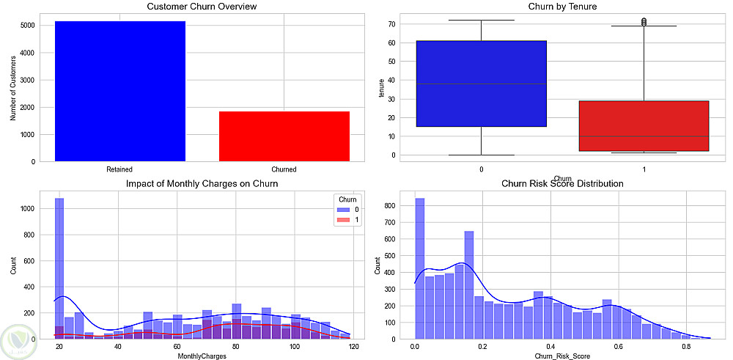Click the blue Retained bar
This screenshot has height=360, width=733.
(120, 91)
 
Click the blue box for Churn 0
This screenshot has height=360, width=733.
(481, 84)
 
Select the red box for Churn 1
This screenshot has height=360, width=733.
(643, 125)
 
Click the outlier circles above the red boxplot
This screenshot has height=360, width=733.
(643, 22)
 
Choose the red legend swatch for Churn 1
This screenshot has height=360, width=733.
(341, 220)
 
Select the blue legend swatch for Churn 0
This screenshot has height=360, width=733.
(341, 210)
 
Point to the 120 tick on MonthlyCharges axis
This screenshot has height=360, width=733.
(353, 346)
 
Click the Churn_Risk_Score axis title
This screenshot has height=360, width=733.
(562, 356)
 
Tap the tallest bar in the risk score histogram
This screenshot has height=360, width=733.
(420, 268)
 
